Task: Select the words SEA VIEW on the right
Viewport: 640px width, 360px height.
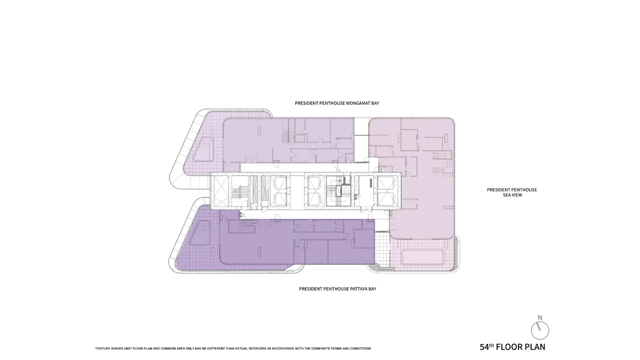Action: [x=512, y=195]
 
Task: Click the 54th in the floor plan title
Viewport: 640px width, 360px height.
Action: [x=486, y=347]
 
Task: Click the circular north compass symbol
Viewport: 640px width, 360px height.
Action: [x=540, y=330]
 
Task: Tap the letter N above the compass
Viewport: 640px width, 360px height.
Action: [x=539, y=317]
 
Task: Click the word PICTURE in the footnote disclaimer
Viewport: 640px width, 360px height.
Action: [x=103, y=348]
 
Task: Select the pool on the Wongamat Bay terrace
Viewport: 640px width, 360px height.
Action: [x=203, y=149]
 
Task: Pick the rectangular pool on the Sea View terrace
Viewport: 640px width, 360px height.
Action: [x=423, y=257]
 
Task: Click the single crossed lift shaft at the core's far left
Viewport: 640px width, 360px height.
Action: [x=221, y=191]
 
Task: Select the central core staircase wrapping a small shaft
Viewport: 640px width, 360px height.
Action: [x=338, y=190]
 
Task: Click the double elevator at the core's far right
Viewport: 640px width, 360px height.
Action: [x=387, y=191]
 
